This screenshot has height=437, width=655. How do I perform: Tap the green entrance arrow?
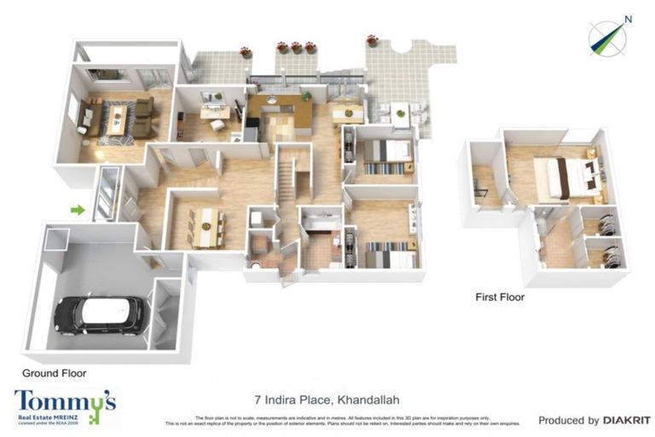coord(78,209)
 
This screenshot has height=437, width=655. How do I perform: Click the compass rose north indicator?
coord(607,38)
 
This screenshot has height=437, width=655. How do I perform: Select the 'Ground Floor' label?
coord(55,373)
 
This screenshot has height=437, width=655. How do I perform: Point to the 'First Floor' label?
coord(500,298)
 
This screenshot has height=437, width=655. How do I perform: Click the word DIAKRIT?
coord(627,420)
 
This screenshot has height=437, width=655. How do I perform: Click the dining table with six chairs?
coord(206,227)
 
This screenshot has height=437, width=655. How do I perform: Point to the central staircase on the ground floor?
coord(287,184)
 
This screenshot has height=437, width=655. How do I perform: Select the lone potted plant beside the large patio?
coord(372,40)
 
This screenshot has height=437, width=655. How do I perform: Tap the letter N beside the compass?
coord(628,19)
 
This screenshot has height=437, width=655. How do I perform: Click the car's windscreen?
coord(115,312)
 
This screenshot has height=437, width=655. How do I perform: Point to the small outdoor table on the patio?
coord(400,111)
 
